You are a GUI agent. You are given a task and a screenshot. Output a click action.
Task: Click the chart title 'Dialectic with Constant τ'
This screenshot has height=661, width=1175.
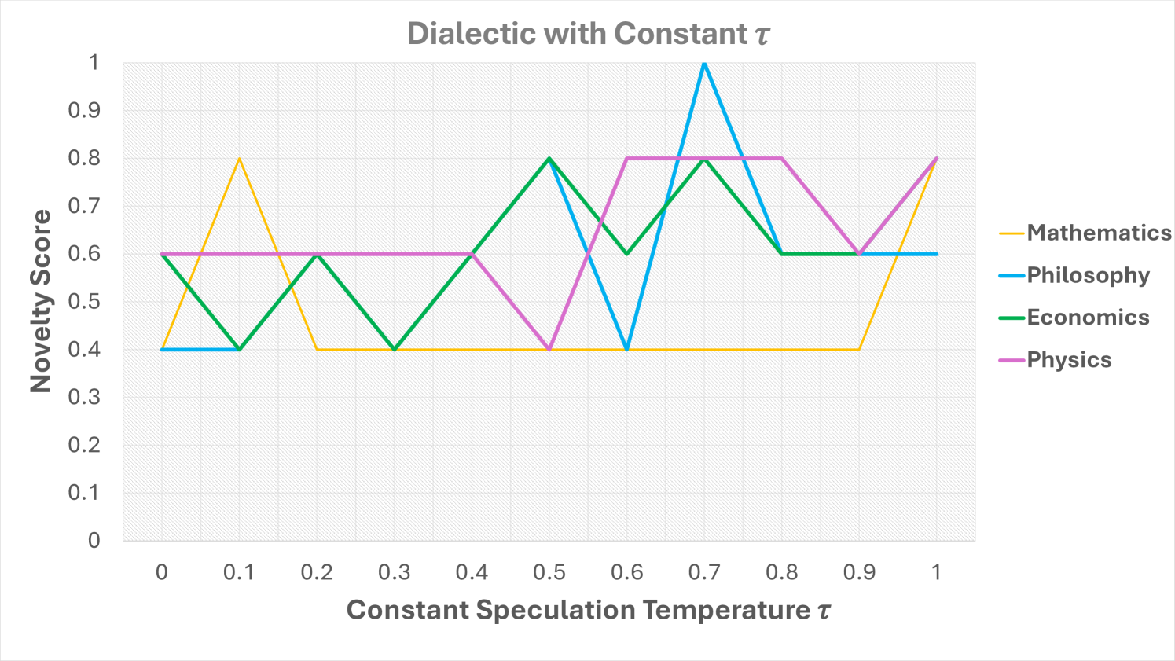pyautogui.click(x=589, y=34)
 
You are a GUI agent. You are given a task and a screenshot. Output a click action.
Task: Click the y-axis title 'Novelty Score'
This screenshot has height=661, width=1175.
pyautogui.click(x=40, y=301)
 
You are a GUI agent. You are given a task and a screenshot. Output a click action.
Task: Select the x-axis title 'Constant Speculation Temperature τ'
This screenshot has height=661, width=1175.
pyautogui.click(x=589, y=610)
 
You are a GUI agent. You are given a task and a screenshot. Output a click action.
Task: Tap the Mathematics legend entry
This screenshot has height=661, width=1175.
pyautogui.click(x=1098, y=233)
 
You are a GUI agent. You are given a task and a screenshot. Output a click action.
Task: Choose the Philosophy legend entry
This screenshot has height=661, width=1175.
pyautogui.click(x=1088, y=275)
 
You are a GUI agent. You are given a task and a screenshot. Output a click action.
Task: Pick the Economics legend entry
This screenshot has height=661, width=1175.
pyautogui.click(x=1088, y=318)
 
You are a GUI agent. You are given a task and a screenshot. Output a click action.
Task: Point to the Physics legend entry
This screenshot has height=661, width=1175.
pyautogui.click(x=1069, y=360)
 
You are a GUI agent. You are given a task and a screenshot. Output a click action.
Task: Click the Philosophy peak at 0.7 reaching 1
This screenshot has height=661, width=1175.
pyautogui.click(x=704, y=63)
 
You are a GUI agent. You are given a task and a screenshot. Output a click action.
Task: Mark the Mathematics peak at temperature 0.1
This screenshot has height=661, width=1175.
pyautogui.click(x=239, y=159)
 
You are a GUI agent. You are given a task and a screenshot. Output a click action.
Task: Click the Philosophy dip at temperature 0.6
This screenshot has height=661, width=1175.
pyautogui.click(x=626, y=349)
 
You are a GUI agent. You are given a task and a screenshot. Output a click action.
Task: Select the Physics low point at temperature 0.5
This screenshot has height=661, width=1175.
pyautogui.click(x=549, y=349)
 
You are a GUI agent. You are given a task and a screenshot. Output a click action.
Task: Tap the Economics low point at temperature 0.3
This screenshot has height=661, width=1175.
pyautogui.click(x=395, y=349)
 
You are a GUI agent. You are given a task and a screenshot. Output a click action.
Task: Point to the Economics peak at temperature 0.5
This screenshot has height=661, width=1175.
pyautogui.click(x=549, y=159)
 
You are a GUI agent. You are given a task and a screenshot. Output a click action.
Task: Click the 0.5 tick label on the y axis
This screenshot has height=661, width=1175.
pyautogui.click(x=83, y=302)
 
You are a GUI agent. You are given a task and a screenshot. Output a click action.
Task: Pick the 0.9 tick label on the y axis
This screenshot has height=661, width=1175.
pyautogui.click(x=83, y=111)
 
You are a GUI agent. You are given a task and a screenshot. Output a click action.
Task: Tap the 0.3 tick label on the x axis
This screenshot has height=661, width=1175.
pyautogui.click(x=395, y=572)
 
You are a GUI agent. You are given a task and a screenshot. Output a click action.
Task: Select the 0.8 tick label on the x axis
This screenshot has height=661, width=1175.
pyautogui.click(x=782, y=572)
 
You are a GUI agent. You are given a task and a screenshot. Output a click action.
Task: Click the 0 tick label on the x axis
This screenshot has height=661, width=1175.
pyautogui.click(x=162, y=572)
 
